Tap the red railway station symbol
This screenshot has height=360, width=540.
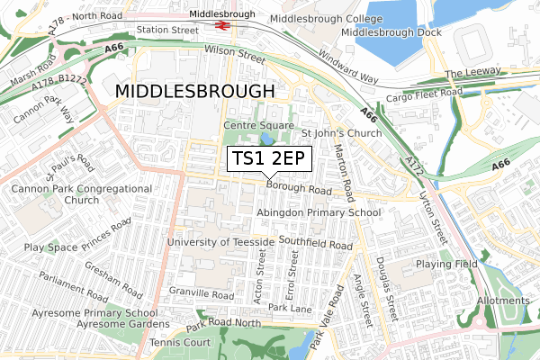click(220, 26)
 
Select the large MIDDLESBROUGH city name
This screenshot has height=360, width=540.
click(193, 92)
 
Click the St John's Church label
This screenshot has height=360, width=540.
click(341, 133)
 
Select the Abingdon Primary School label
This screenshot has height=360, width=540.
click(319, 212)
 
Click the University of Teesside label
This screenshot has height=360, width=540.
click(220, 243)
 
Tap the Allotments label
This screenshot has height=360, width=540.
click(504, 301)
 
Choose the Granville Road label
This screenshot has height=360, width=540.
click(201, 295)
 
